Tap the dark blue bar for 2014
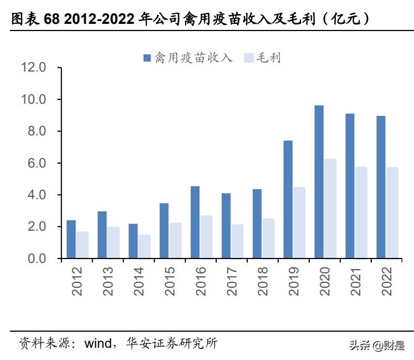click(x=133, y=241)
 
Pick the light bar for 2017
click(x=237, y=241)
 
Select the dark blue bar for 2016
click(x=195, y=222)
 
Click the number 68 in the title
click(x=52, y=20)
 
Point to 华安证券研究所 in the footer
click(x=172, y=343)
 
